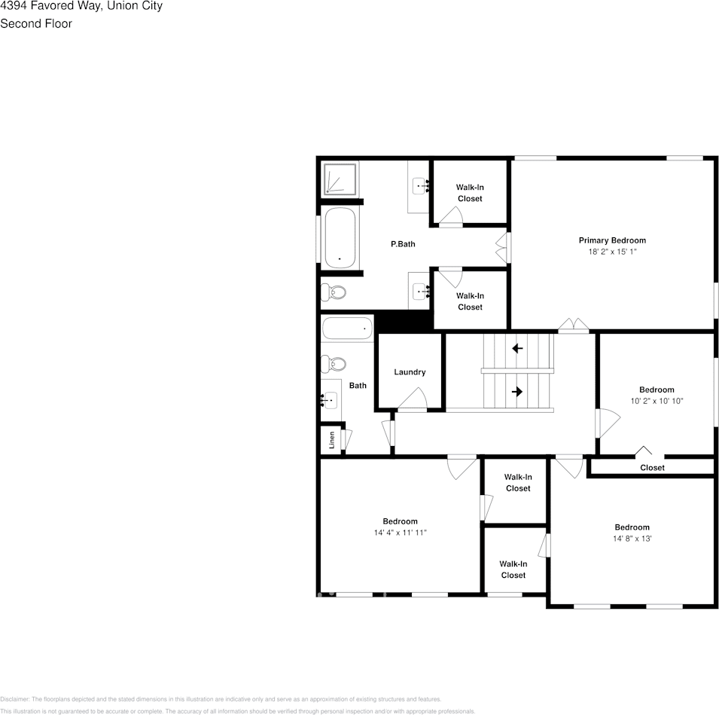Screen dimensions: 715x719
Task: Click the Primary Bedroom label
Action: point(611,240)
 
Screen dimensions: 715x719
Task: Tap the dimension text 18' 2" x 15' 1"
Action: point(611,252)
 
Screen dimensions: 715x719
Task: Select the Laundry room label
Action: point(410,372)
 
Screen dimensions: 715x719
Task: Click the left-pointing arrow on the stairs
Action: point(517,348)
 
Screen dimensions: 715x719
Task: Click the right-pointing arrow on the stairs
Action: point(517,391)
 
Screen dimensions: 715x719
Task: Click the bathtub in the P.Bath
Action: point(342,237)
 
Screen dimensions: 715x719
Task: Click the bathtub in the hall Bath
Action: point(347,328)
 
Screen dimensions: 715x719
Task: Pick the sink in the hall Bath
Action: point(331,400)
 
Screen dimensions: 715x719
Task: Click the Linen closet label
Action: point(332,440)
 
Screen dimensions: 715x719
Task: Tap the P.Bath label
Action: point(403,244)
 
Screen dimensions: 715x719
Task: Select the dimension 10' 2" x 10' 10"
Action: point(657,401)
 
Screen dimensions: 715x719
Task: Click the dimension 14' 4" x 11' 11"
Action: point(400,533)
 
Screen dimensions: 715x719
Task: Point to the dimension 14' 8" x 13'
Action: point(632,539)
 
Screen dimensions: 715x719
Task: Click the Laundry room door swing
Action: point(413,399)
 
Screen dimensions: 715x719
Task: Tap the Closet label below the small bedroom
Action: point(652,468)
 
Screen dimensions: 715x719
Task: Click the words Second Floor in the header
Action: point(36,23)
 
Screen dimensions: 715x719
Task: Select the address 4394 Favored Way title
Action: point(81,6)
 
